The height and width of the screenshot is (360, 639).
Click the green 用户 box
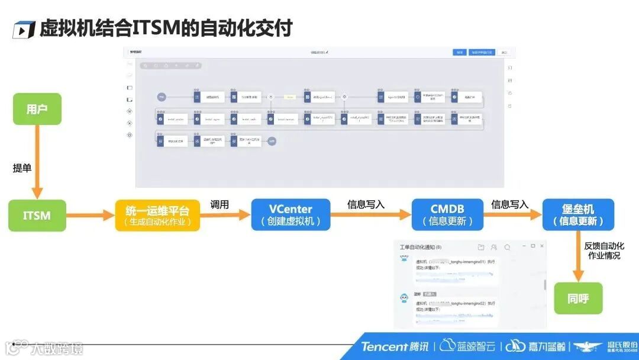[37, 110]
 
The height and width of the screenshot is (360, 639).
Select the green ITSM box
[37, 215]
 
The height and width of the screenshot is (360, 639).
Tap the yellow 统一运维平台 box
[157, 215]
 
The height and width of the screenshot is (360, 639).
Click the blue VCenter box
[291, 215]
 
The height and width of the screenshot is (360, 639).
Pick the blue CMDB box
[447, 215]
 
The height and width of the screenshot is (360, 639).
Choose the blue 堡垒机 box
[578, 215]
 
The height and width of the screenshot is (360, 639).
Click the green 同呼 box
[578, 298]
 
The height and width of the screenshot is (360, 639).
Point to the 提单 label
[22, 168]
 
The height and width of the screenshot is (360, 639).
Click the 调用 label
[220, 205]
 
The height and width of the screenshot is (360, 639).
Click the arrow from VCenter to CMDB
[370, 215]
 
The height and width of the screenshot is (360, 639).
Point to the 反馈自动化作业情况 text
[604, 250]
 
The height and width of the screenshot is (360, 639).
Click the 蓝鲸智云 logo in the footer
[467, 346]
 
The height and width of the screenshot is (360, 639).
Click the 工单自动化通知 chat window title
[420, 247]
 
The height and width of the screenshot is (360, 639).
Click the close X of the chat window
[541, 246]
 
